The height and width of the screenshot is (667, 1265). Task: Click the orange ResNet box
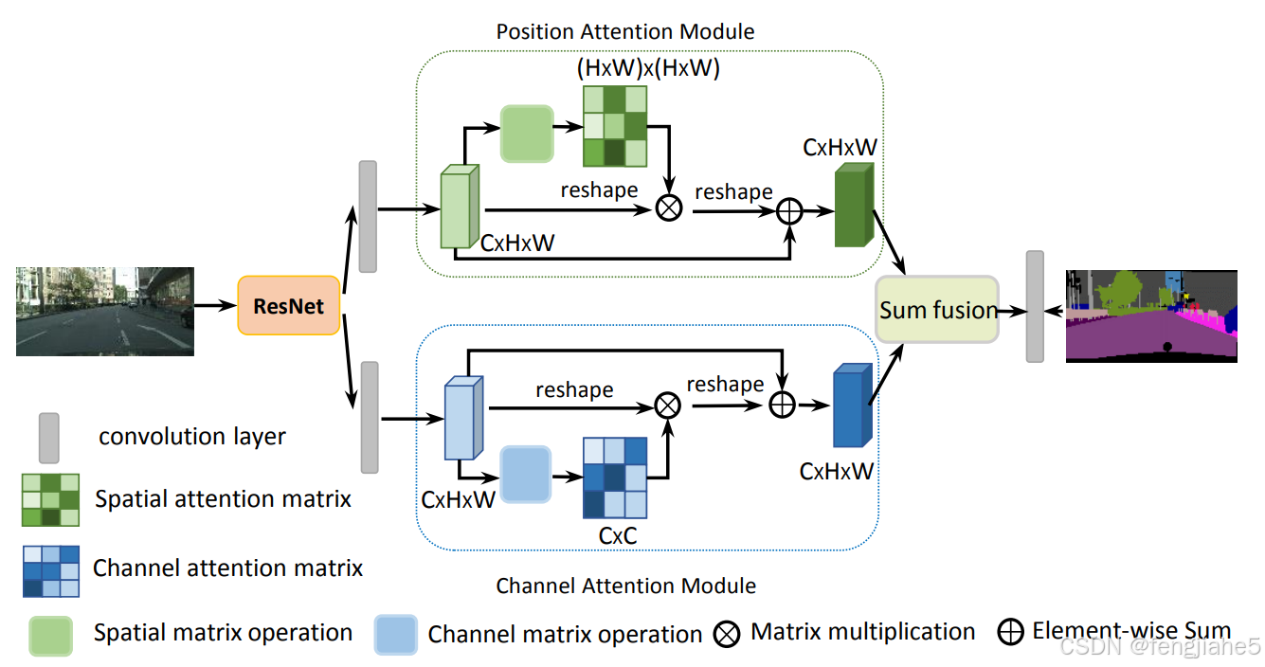(288, 306)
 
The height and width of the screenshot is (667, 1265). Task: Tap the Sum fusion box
(937, 310)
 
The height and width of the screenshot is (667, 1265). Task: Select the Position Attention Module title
(625, 31)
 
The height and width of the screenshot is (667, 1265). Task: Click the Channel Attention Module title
(625, 586)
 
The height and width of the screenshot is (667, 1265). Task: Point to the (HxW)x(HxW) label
(648, 68)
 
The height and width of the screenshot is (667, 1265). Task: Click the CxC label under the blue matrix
(617, 535)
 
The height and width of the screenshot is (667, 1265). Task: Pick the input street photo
(104, 311)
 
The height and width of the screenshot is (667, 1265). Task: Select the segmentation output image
(1151, 315)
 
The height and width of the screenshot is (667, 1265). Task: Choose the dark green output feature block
(853, 206)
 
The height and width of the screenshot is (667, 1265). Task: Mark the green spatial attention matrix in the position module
(614, 126)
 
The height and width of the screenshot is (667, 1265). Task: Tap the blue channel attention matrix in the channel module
(615, 477)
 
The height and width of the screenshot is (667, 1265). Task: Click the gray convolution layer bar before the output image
(1035, 306)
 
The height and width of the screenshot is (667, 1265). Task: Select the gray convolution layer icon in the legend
(48, 437)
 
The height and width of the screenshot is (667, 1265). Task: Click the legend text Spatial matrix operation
(223, 633)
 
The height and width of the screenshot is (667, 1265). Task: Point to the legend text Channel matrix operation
(565, 634)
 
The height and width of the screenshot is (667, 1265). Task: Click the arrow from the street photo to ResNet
(215, 306)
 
